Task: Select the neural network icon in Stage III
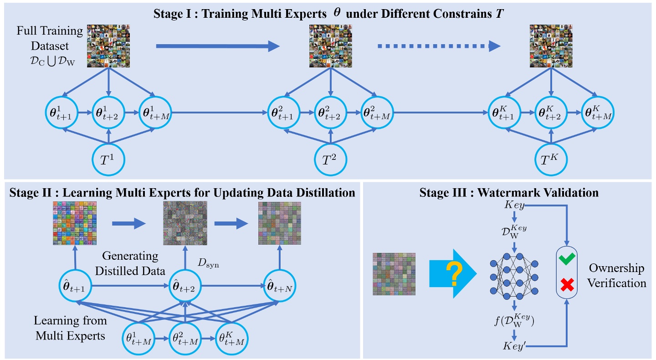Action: [x=514, y=275]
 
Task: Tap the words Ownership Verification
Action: [x=616, y=275]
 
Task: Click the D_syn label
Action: [x=209, y=264]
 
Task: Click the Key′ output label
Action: [x=513, y=345]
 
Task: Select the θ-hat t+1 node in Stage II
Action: [x=77, y=286]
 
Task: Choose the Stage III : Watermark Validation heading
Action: [x=508, y=192]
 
